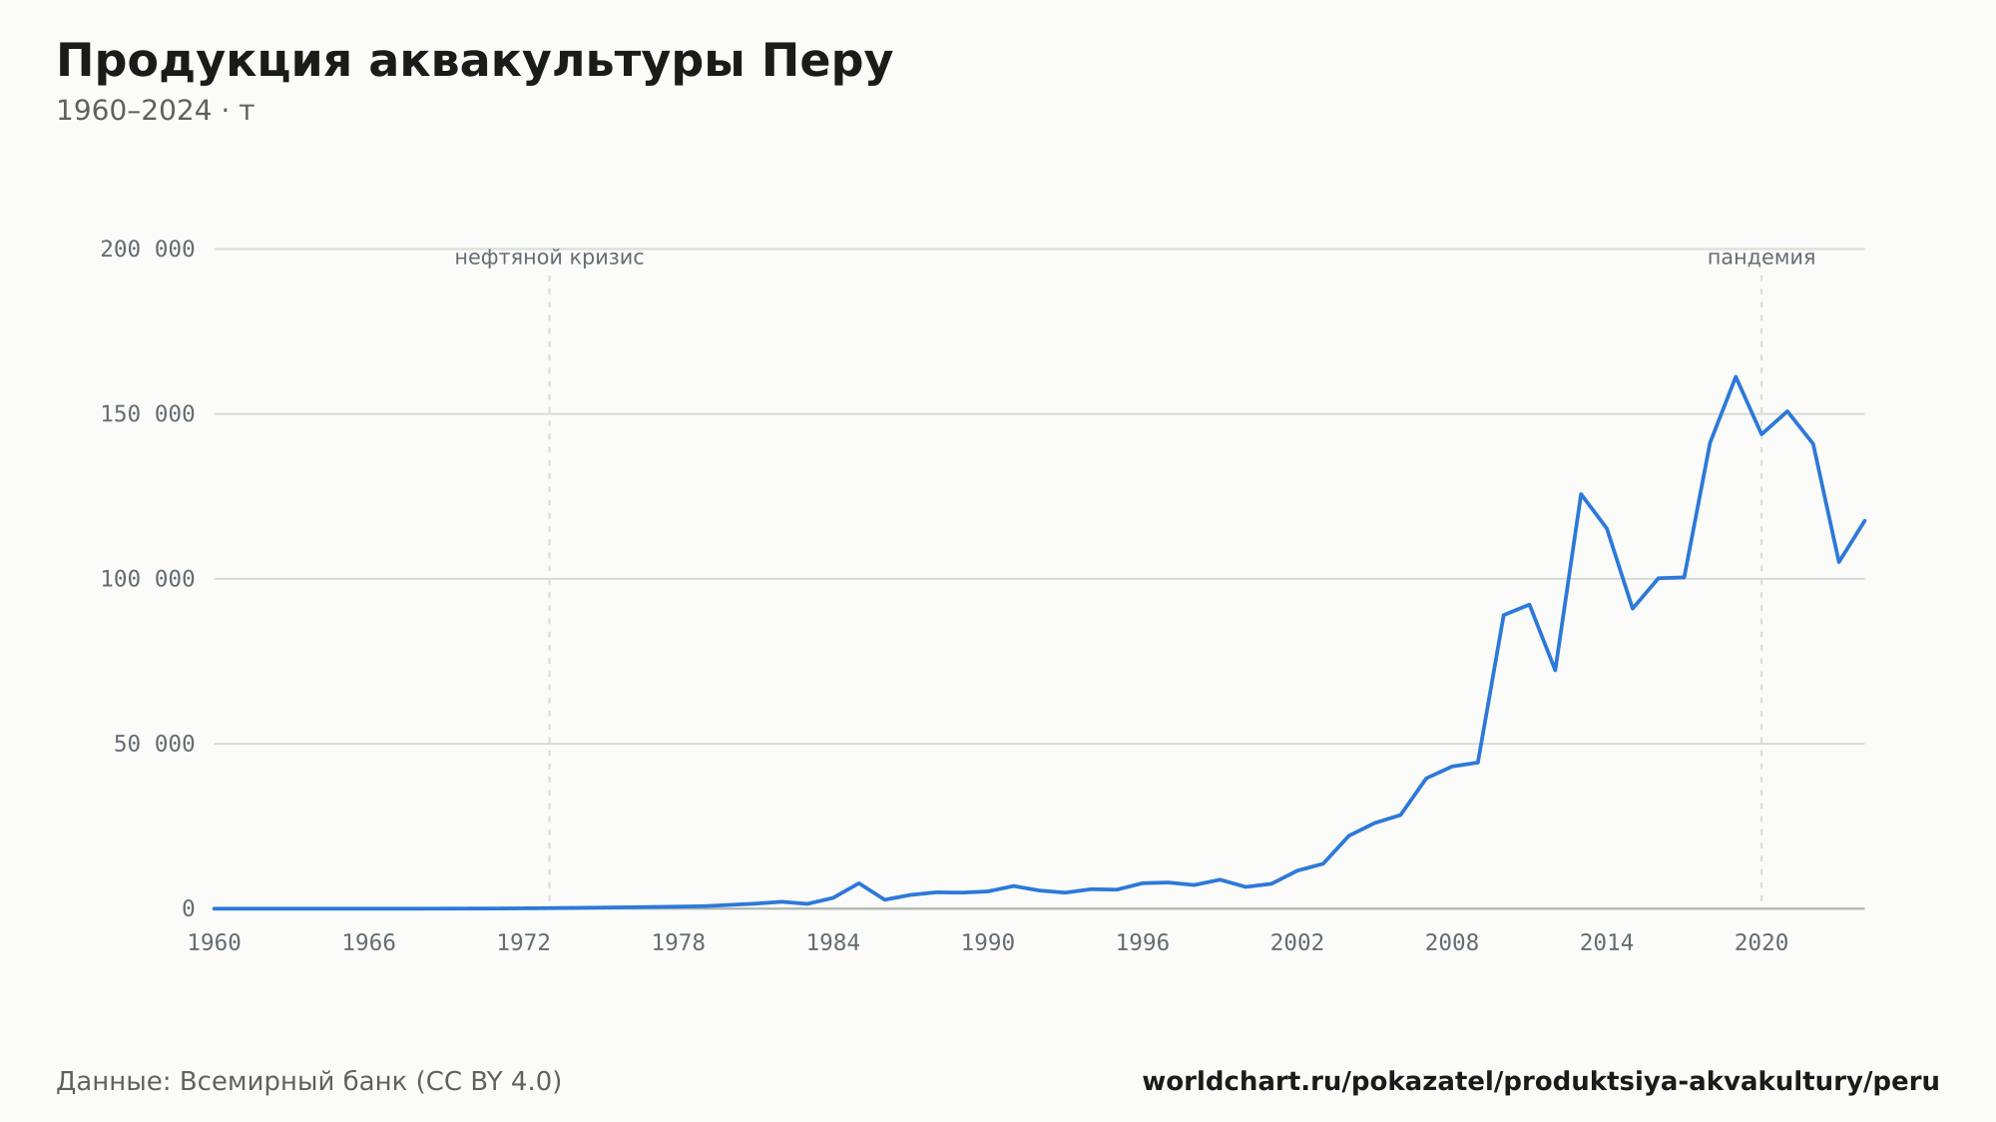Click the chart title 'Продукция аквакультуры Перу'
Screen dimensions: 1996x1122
[474, 62]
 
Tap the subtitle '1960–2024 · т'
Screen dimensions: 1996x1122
[156, 111]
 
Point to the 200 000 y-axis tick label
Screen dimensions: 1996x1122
[148, 250]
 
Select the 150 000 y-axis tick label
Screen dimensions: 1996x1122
[148, 414]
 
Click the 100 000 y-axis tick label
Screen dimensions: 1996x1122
[148, 579]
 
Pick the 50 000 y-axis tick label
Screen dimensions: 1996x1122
[154, 744]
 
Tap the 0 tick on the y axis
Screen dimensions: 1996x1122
[188, 909]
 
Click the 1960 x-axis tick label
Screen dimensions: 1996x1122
[215, 943]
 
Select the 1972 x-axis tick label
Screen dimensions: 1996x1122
[524, 943]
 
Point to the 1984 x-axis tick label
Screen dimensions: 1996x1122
[833, 943]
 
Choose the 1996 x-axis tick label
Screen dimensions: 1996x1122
[1143, 943]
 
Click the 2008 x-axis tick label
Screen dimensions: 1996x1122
[1452, 943]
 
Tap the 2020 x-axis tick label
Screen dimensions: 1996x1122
[1761, 943]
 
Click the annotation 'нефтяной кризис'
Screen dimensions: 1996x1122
[549, 258]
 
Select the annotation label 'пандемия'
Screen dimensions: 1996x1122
[1761, 258]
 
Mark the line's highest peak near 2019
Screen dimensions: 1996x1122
[1736, 376]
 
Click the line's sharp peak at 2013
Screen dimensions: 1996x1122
[1581, 493]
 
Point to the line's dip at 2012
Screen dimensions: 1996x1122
[1555, 670]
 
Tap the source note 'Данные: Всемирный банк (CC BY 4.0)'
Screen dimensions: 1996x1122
[309, 1082]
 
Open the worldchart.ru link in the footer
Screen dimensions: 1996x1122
[1541, 1082]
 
